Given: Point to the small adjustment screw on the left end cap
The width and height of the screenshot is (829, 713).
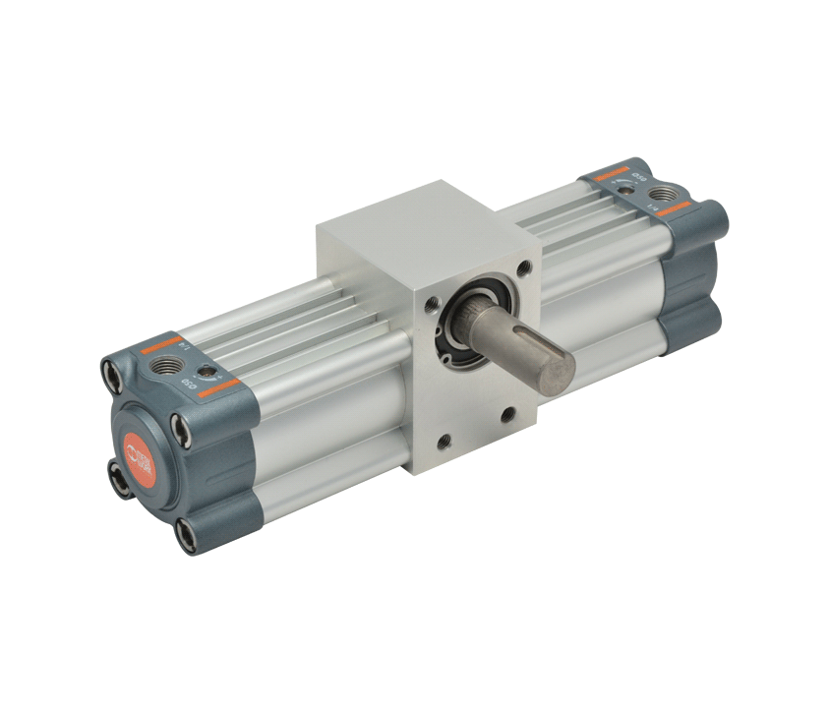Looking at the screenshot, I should (x=207, y=371).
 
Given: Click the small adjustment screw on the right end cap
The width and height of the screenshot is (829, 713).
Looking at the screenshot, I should (x=622, y=180).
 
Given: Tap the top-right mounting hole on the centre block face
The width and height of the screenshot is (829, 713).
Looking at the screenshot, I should (x=527, y=267).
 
